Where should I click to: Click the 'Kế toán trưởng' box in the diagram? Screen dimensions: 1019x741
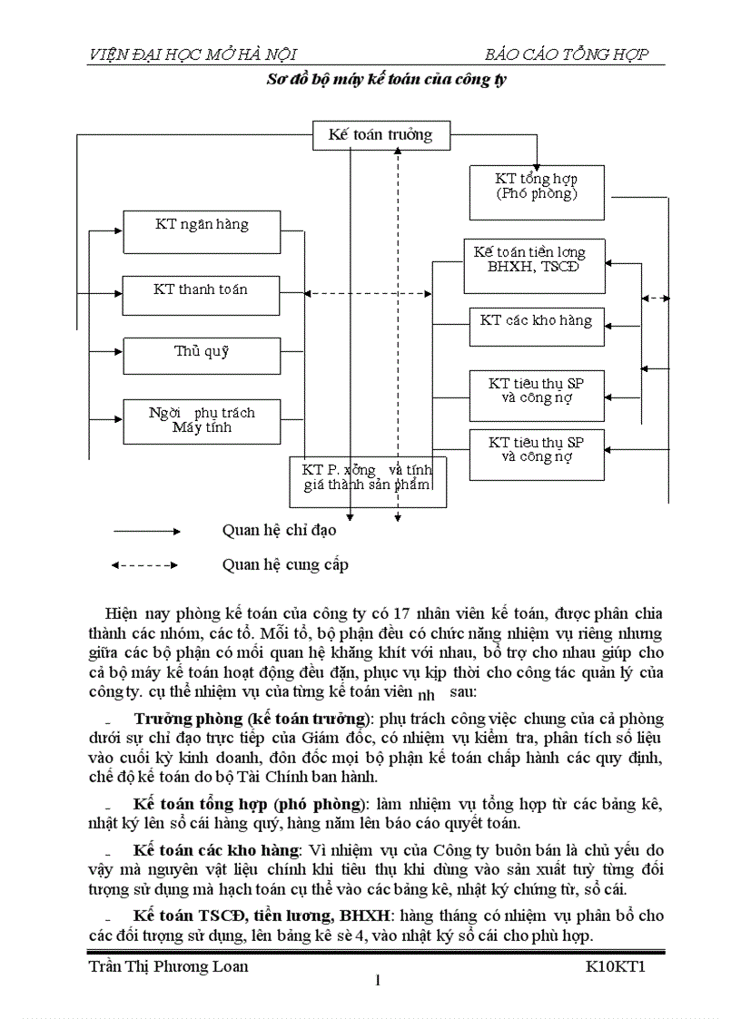coord(380,136)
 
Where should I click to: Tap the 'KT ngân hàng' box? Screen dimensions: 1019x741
coord(202,232)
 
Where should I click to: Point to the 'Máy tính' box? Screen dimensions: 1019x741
coord(202,421)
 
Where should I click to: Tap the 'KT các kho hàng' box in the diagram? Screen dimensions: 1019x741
coord(536,327)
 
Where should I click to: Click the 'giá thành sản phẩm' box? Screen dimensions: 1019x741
coord(367,482)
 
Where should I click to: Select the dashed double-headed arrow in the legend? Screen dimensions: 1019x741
coord(145,565)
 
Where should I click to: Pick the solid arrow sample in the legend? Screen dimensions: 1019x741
coord(145,531)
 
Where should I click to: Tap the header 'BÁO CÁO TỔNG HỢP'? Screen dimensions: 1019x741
coord(567,54)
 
